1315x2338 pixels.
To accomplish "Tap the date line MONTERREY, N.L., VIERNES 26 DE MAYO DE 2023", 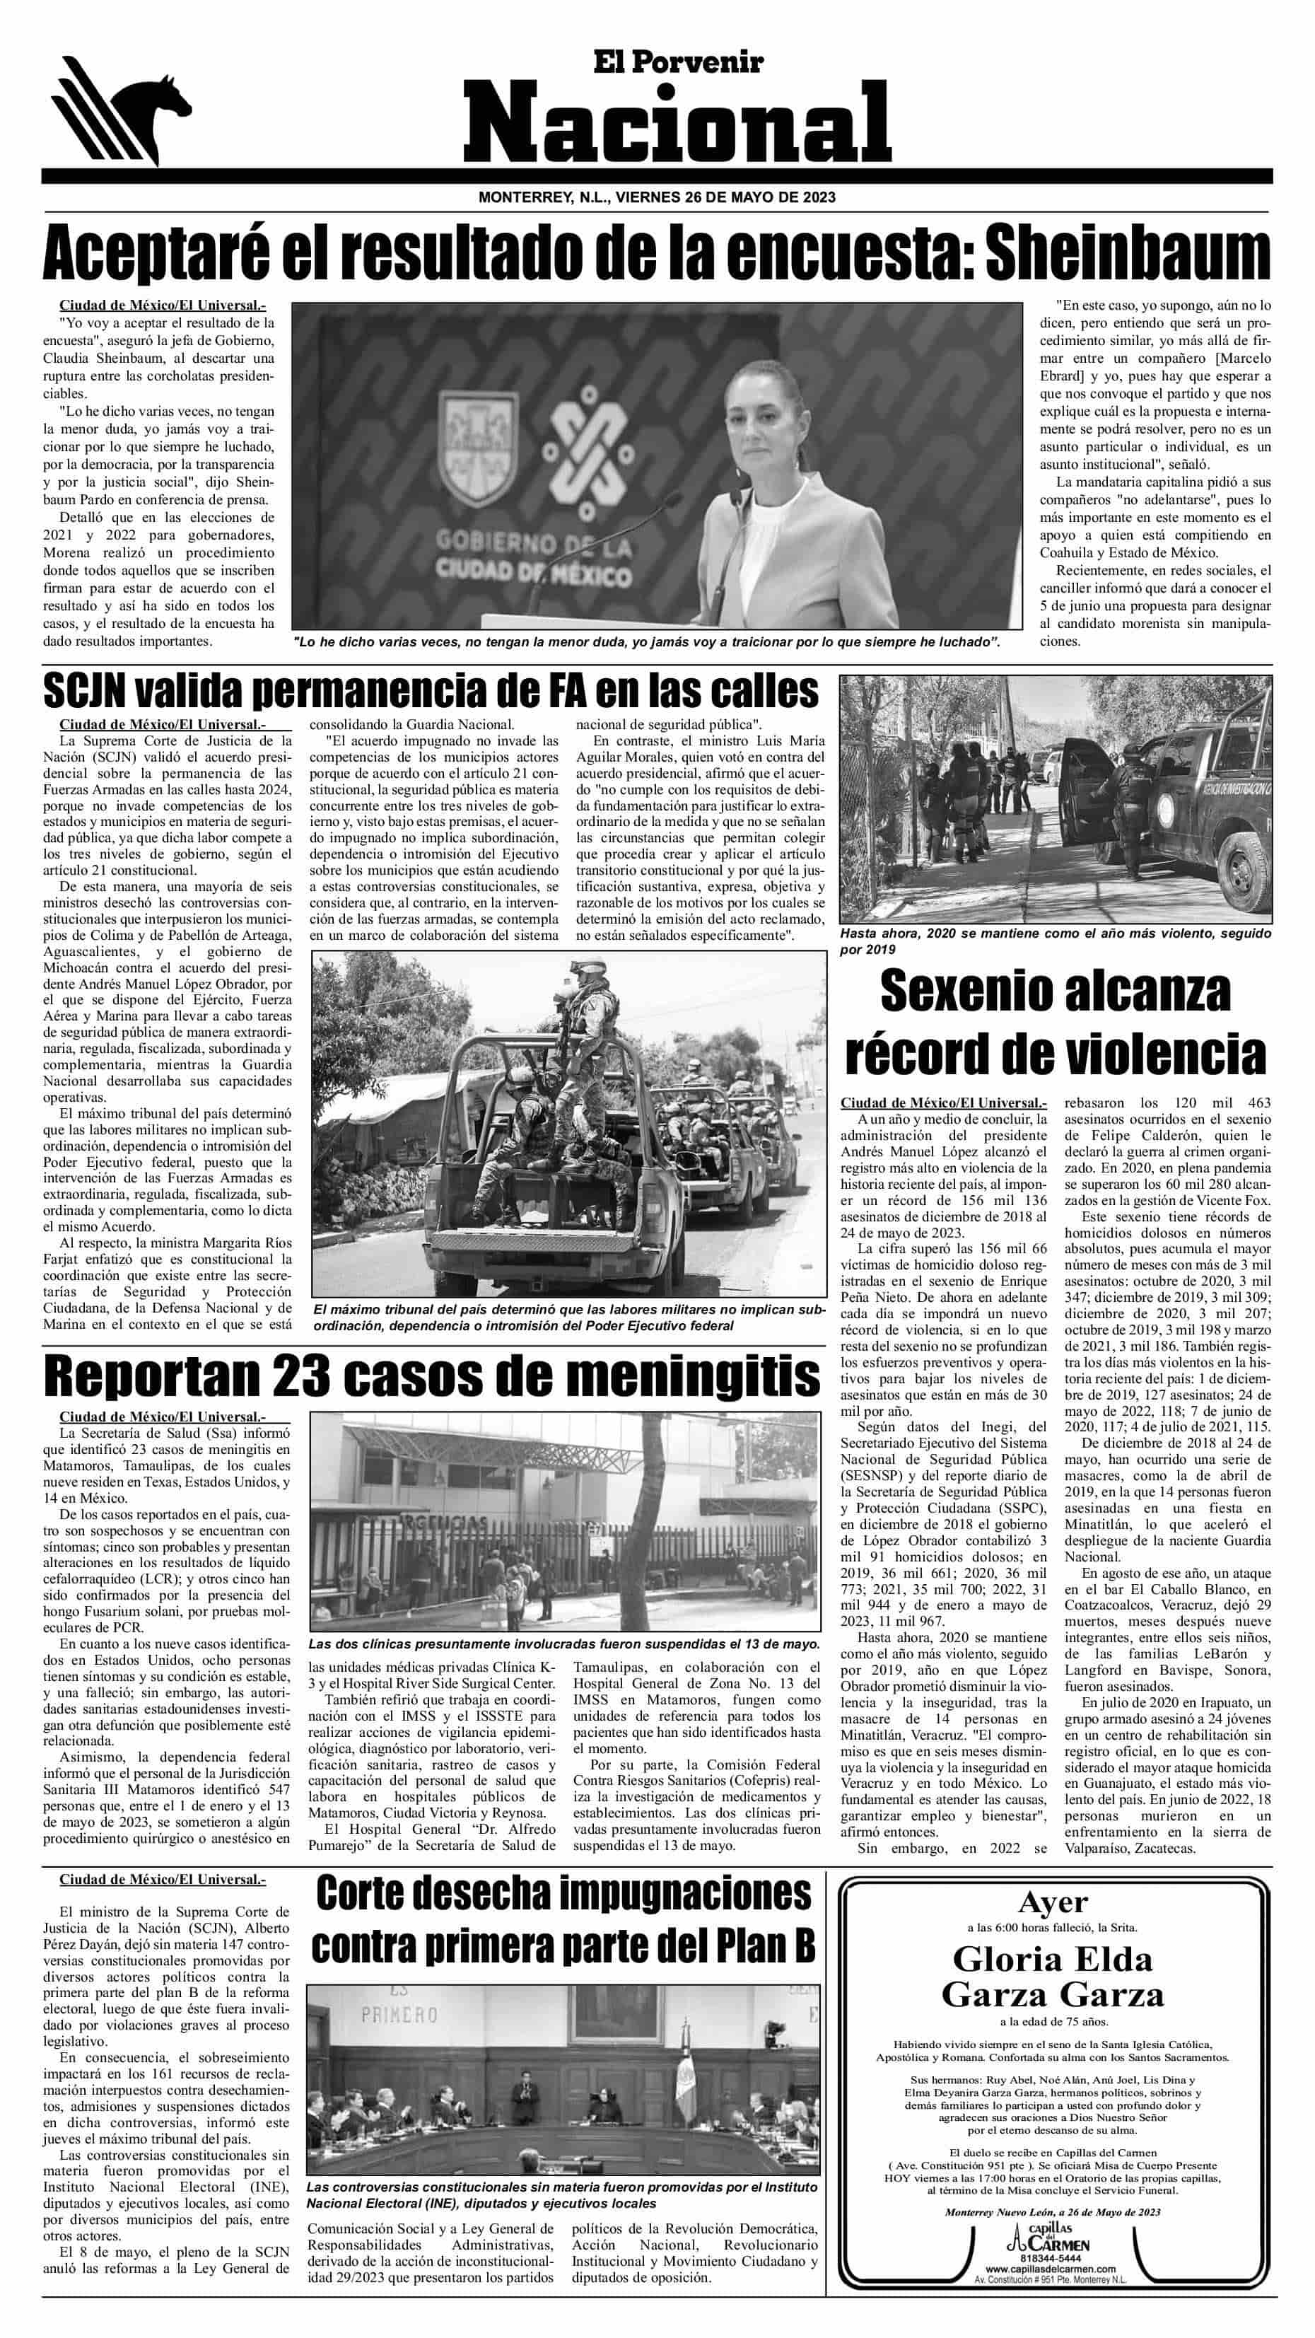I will pos(657,197).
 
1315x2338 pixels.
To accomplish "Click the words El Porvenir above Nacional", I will pos(678,61).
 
